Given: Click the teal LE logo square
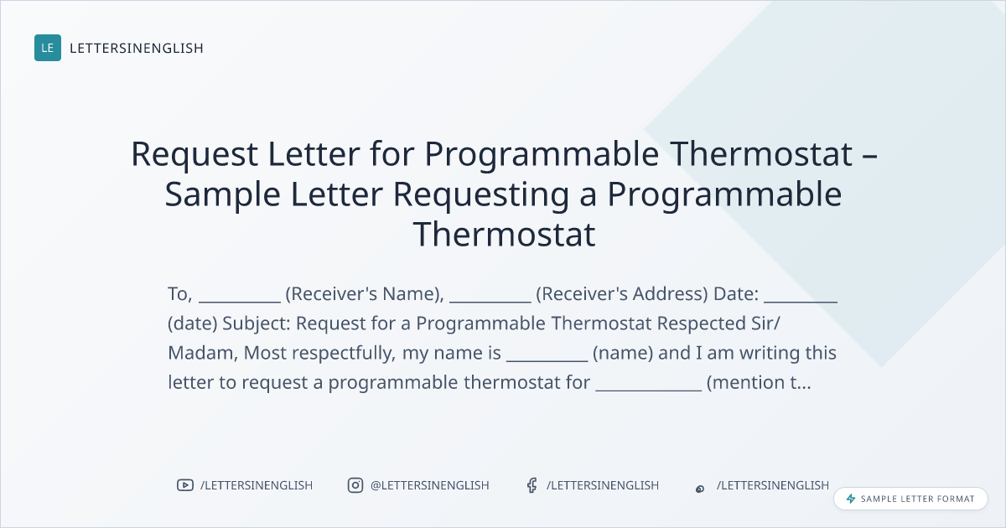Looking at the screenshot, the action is coord(48,48).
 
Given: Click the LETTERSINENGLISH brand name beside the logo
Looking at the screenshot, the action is coord(137,48).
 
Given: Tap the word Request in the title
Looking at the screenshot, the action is coord(194,154).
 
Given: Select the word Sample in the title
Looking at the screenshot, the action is coord(223,194).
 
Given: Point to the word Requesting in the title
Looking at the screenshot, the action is coord(481,194).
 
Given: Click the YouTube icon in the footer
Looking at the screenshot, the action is coord(185,485).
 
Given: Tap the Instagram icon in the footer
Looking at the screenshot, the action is coord(355,485).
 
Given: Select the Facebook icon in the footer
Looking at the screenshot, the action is coord(532,485).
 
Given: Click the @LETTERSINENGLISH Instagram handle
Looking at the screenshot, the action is coord(430,485).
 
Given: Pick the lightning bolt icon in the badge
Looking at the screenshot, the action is coord(851,499).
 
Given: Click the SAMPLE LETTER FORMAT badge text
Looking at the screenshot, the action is coord(917,499).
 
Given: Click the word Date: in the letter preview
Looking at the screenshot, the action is coord(736,293).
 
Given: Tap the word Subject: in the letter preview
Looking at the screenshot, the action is coord(257,324).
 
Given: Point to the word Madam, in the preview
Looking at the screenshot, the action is coord(203,353).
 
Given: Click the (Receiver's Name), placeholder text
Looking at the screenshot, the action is coord(365,294).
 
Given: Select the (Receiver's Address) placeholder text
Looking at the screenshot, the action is coord(622,294).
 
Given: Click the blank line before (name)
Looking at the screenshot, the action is coord(547,361).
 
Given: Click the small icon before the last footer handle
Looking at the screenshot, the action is coord(700,489).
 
